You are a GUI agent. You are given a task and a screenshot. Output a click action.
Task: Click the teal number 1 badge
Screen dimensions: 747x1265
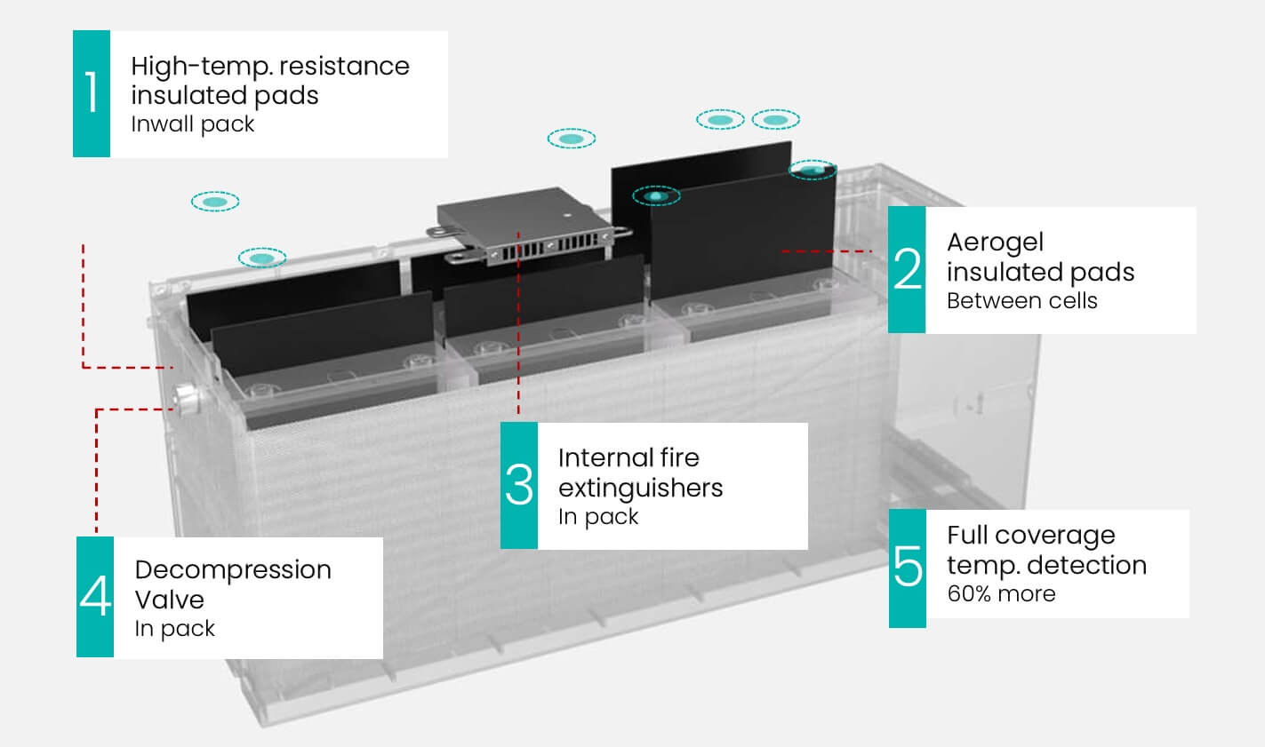point(92,93)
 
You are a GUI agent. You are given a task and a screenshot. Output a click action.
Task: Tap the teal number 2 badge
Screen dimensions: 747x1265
point(907,270)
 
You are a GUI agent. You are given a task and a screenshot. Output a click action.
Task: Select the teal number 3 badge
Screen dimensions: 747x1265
point(519,485)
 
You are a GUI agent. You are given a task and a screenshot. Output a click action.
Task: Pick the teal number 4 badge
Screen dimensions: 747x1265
point(95,597)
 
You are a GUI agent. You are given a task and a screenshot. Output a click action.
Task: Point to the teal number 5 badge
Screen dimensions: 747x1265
point(908,568)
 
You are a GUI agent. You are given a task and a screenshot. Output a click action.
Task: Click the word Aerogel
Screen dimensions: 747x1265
point(995,242)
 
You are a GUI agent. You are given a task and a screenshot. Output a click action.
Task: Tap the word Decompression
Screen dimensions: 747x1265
point(233,570)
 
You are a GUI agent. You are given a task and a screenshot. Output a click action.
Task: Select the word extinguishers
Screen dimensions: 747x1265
point(640,488)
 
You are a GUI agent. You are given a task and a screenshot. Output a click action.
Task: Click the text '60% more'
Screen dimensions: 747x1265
point(1001,593)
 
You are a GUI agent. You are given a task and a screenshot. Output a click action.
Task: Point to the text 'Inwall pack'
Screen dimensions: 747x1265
point(192,123)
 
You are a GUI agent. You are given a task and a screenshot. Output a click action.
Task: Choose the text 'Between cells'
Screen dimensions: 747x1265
point(1021,300)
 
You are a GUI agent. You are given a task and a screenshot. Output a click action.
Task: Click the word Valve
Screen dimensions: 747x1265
point(169,600)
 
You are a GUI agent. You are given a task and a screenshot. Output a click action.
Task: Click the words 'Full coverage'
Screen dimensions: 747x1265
point(1030,536)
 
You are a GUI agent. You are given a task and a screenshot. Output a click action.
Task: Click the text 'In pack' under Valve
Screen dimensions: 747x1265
point(174,629)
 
